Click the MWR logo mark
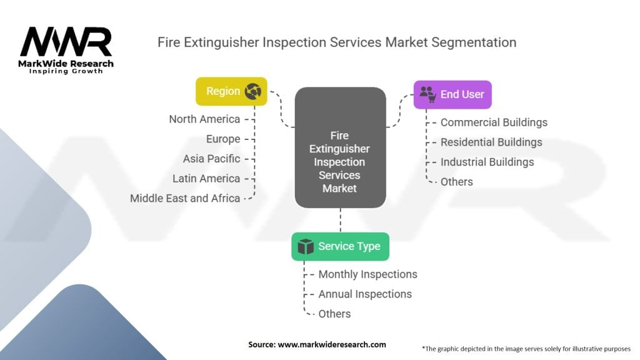pyautogui.click(x=66, y=42)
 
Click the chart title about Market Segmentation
pyautogui.click(x=337, y=42)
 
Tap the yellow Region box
pyautogui.click(x=231, y=91)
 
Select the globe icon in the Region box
pyautogui.click(x=253, y=91)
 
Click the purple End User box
pyautogui.click(x=452, y=95)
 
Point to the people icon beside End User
pyautogui.click(x=427, y=94)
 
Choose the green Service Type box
pyautogui.click(x=341, y=246)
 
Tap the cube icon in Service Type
pyautogui.click(x=305, y=246)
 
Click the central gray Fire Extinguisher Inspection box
pyautogui.click(x=341, y=147)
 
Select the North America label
pyautogui.click(x=204, y=119)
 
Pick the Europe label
pyautogui.click(x=223, y=139)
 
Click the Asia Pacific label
pyautogui.click(x=211, y=159)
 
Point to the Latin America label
pyautogui.click(x=206, y=178)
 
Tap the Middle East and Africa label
pyautogui.click(x=185, y=198)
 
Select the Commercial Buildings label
pyautogui.click(x=494, y=122)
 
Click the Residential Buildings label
pyautogui.click(x=491, y=142)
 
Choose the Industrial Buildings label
pyautogui.click(x=487, y=162)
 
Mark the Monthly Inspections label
pyautogui.click(x=367, y=274)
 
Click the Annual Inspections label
pyautogui.click(x=365, y=294)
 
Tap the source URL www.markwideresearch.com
pyautogui.click(x=332, y=344)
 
